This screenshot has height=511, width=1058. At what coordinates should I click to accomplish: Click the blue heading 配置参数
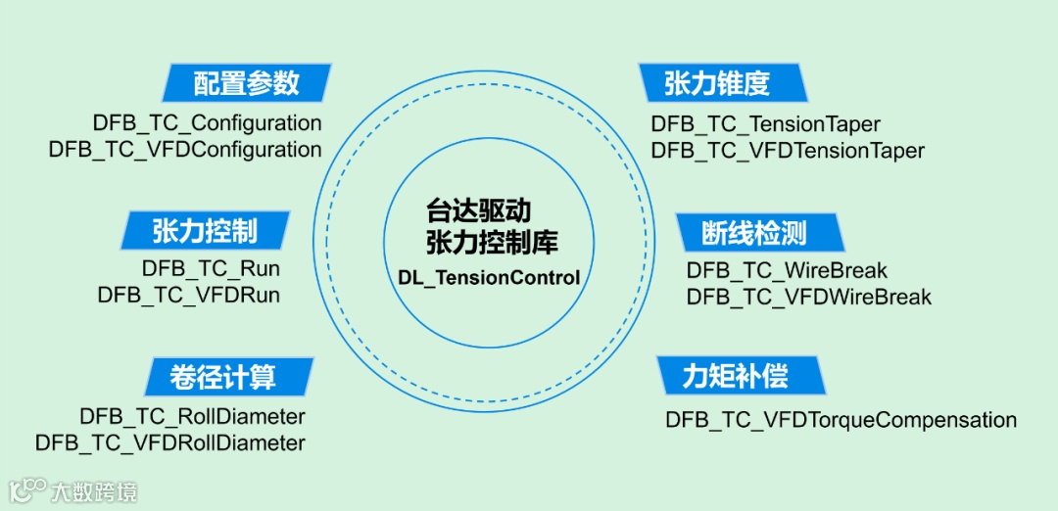[246, 83]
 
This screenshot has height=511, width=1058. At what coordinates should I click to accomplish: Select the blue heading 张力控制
[205, 231]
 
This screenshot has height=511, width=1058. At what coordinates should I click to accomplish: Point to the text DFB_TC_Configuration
[208, 123]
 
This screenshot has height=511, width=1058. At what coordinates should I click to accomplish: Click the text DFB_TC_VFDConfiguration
[185, 150]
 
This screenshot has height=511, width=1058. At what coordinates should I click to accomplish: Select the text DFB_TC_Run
[211, 268]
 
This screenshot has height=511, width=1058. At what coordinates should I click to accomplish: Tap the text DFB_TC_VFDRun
[189, 295]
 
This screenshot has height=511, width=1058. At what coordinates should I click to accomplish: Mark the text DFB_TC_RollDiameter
[193, 416]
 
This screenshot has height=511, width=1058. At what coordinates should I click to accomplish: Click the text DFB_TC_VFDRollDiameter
[170, 442]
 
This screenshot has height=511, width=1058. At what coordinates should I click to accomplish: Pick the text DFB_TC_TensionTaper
[765, 124]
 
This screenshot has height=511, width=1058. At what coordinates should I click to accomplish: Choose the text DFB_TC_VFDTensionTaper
[788, 151]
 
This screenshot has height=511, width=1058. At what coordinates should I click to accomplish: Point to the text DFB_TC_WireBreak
[787, 270]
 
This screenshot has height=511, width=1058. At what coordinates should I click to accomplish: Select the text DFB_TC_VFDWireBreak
[809, 296]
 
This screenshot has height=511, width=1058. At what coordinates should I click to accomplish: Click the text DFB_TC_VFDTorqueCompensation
[841, 420]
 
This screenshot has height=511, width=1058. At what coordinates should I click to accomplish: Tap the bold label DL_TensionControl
[489, 278]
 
